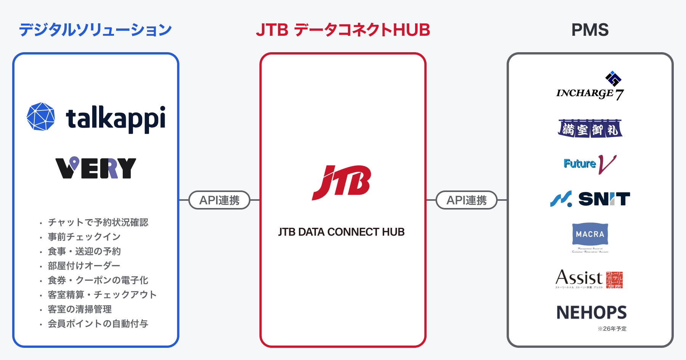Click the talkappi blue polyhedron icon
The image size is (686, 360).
(x=41, y=117)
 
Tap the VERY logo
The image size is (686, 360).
(x=96, y=168)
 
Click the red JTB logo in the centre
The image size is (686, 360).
(x=342, y=182)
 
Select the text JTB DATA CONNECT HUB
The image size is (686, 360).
(x=341, y=232)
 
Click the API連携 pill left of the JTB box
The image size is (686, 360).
(x=220, y=200)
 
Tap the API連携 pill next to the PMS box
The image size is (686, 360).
(x=466, y=200)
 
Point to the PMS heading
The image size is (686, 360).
(x=590, y=30)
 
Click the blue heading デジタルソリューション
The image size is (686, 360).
(x=95, y=30)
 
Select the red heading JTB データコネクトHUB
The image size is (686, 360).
(x=343, y=30)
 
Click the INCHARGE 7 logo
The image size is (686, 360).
(x=590, y=87)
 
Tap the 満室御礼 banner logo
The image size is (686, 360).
(x=590, y=129)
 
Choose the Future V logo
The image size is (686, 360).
(x=590, y=164)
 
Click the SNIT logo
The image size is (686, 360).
(x=590, y=199)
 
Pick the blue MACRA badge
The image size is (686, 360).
(x=590, y=234)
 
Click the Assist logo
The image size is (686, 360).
(x=589, y=279)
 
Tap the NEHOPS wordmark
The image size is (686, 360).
(x=591, y=313)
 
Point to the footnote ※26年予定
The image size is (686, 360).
(x=612, y=329)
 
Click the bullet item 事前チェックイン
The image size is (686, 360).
(x=84, y=237)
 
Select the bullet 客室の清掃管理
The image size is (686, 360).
(x=80, y=309)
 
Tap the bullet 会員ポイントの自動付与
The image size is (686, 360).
(x=98, y=324)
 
